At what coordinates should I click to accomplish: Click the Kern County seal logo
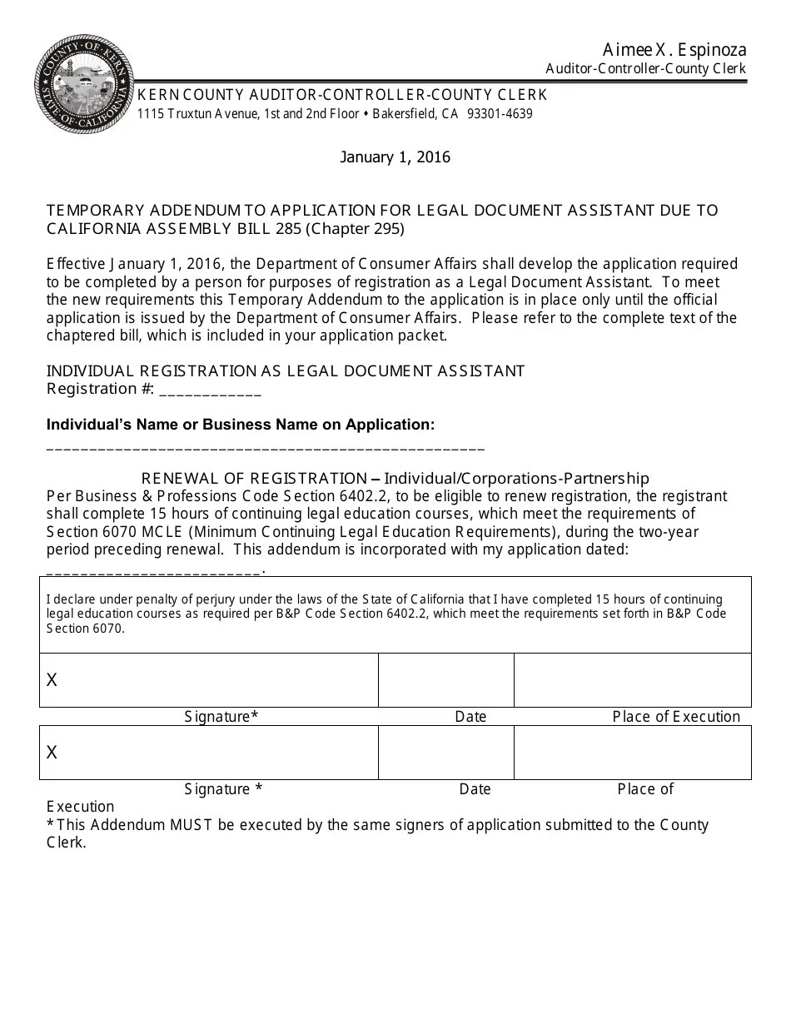tap(83, 84)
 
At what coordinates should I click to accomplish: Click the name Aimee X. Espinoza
tap(675, 50)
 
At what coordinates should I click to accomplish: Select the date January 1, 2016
tap(395, 157)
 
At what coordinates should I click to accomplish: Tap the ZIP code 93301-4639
tap(500, 113)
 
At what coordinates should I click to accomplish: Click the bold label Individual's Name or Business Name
tap(240, 425)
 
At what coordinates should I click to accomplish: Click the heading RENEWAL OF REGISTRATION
tap(254, 478)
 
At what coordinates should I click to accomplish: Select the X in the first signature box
tap(52, 680)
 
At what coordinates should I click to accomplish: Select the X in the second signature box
tap(52, 753)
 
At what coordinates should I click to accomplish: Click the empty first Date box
tap(445, 680)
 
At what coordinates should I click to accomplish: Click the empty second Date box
tap(445, 753)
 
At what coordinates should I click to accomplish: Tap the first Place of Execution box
tap(632, 680)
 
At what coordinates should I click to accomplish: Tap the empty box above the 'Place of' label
tap(632, 753)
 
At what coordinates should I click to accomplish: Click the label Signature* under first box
tap(221, 717)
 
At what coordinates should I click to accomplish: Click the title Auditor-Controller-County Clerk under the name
tap(645, 69)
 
